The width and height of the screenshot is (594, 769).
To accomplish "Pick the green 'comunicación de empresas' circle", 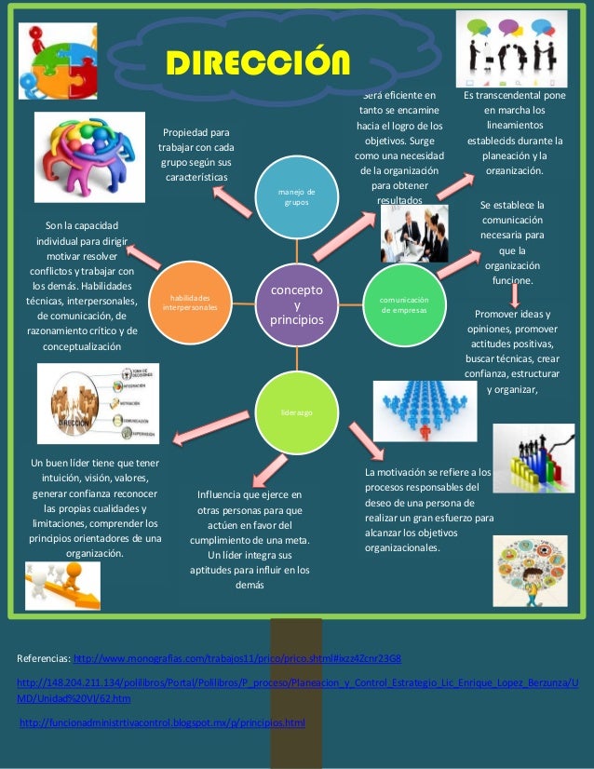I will coord(403,305).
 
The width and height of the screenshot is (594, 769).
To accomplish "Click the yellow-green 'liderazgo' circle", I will coord(298,411).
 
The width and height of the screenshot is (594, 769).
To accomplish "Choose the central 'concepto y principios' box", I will coord(297,305).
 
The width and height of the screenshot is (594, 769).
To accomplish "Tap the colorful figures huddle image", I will coord(88,156).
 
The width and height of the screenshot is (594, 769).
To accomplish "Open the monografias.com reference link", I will coord(237,659).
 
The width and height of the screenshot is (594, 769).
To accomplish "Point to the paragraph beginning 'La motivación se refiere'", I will coord(428,510).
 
